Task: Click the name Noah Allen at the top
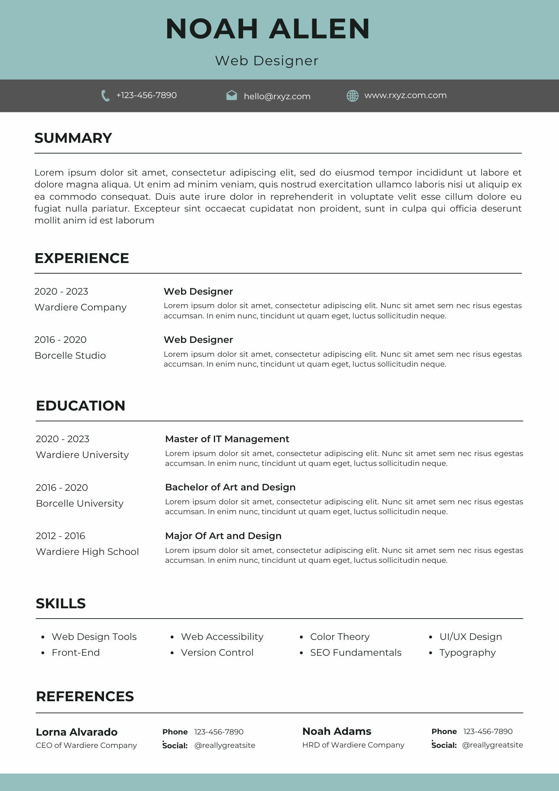[x=268, y=29]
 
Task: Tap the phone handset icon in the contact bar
[x=105, y=96]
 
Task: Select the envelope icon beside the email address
[x=232, y=95]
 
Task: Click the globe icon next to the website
[x=352, y=96]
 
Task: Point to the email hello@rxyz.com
[x=277, y=97]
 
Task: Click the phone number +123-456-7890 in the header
[x=146, y=95]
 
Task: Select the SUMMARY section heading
[x=73, y=138]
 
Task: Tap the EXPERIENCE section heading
[x=82, y=258]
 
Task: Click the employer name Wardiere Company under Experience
[x=80, y=307]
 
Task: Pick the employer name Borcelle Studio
[x=70, y=356]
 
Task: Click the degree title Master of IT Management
[x=227, y=439]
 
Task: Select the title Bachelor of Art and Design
[x=230, y=487]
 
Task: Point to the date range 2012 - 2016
[x=60, y=536]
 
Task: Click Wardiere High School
[x=87, y=552]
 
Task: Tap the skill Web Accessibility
[x=222, y=637]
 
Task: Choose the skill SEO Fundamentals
[x=355, y=653]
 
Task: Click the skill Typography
[x=467, y=653]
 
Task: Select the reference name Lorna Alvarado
[x=76, y=732]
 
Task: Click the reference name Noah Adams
[x=336, y=731]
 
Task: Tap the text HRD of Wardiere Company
[x=353, y=745]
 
